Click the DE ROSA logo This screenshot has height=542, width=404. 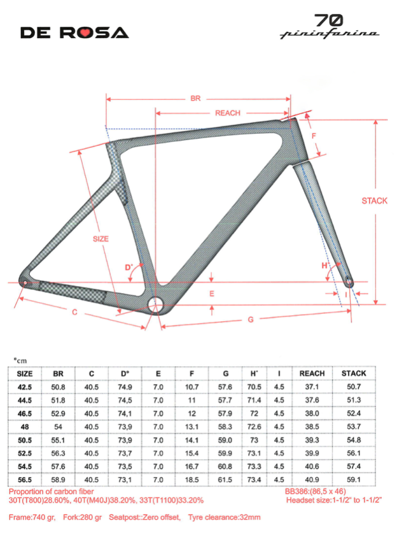click(x=74, y=32)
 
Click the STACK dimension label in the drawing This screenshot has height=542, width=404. click(x=375, y=201)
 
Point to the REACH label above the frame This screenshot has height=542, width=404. click(x=227, y=113)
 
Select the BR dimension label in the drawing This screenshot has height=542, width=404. click(x=195, y=99)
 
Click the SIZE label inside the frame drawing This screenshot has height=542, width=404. click(x=101, y=239)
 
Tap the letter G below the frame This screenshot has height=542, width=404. click(x=250, y=319)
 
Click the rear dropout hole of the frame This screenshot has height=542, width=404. click(x=25, y=282)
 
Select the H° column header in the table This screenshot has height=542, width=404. click(x=254, y=373)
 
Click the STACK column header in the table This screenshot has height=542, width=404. click(x=354, y=373)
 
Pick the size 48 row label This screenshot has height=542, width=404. click(x=25, y=425)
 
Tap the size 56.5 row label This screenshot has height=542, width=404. click(x=25, y=480)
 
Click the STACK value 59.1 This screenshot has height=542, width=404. click(x=354, y=480)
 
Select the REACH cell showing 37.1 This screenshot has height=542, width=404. click(x=312, y=387)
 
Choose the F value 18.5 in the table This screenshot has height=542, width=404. click(x=192, y=480)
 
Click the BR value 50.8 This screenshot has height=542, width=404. click(x=59, y=387)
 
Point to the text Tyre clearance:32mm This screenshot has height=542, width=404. click(x=221, y=517)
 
